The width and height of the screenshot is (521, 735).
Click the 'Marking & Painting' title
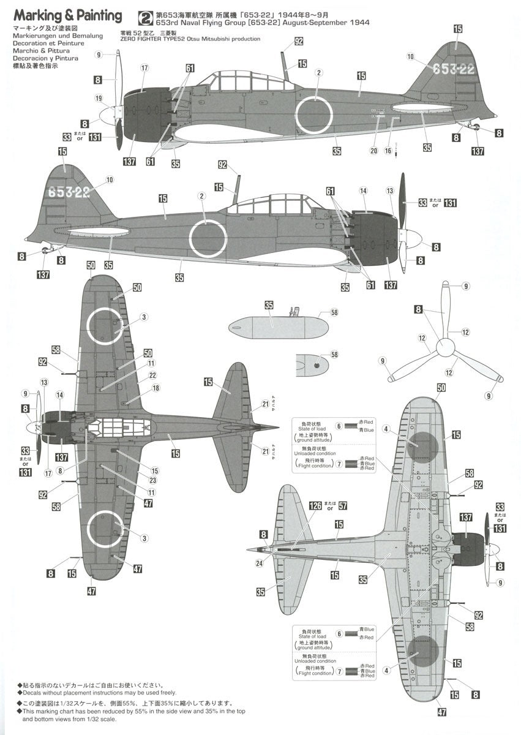click(67, 16)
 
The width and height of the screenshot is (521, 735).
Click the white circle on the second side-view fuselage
click(208, 238)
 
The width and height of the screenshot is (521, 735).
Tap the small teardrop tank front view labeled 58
click(313, 365)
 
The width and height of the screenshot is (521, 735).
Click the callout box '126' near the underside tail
click(315, 506)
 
